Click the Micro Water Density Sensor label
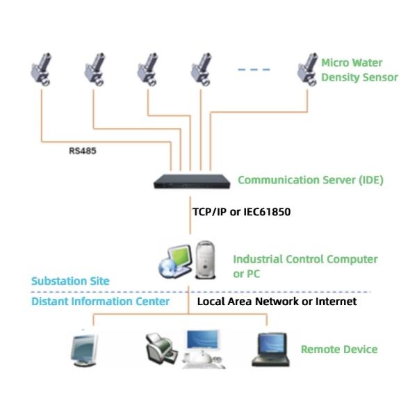point(359,69)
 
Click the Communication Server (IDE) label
point(310,180)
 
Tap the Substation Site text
point(70,281)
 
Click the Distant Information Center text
point(100,301)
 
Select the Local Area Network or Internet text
point(277,302)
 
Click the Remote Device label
point(338,349)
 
